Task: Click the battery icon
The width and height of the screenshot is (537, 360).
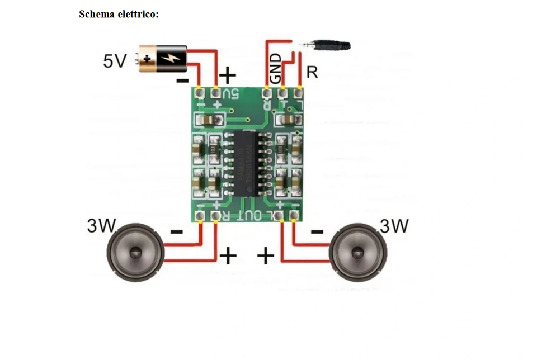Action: point(161,58)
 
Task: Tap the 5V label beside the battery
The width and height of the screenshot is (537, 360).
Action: point(115,60)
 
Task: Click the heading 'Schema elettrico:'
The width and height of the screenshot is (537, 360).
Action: point(119,14)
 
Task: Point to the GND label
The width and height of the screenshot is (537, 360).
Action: point(276,68)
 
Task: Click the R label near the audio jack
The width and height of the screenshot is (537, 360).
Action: point(312,73)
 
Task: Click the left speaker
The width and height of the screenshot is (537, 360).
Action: point(135,252)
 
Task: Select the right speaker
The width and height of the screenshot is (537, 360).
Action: point(357,252)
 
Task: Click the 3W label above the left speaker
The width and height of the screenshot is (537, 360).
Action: point(101,226)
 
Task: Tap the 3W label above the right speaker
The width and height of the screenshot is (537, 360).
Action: point(394,226)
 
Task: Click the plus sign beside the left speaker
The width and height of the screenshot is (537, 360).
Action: point(228,255)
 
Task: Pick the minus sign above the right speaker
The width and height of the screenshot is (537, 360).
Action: point(317,231)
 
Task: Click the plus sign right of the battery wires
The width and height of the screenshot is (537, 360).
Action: point(228,74)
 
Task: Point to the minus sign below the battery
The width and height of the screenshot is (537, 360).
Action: point(182,80)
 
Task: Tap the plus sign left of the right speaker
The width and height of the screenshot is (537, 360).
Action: point(266,256)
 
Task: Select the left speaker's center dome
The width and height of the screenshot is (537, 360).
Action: point(135,252)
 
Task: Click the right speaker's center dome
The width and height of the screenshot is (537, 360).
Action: point(357,252)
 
